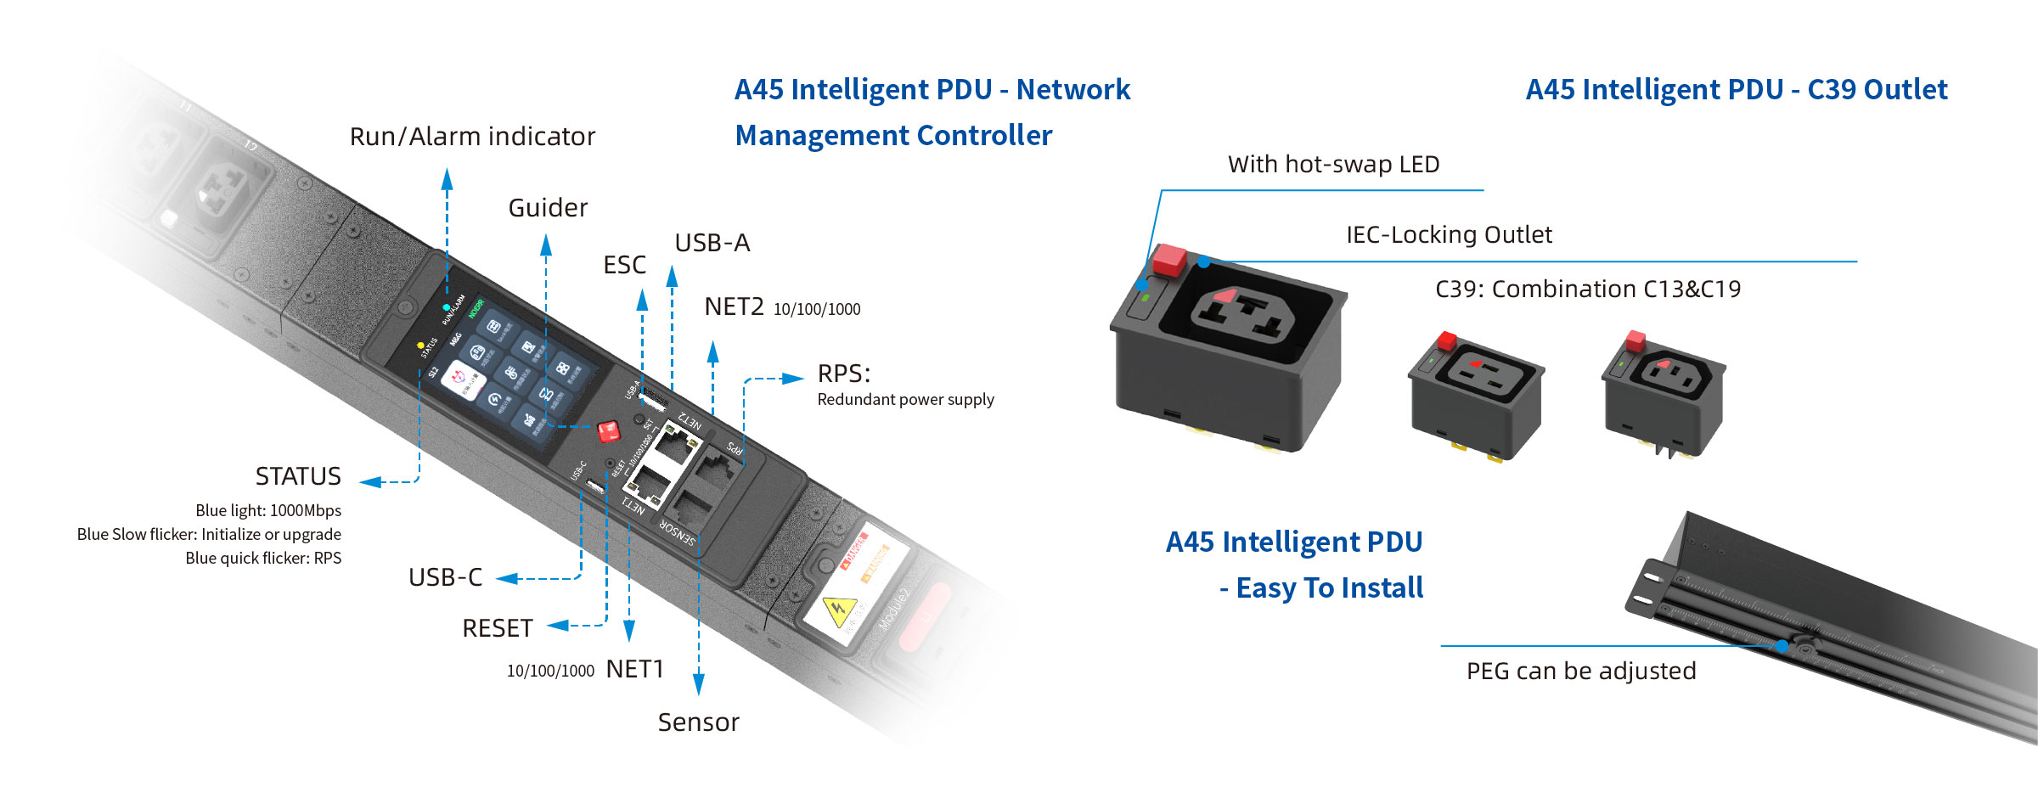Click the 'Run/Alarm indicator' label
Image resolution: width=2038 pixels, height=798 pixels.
[x=472, y=137]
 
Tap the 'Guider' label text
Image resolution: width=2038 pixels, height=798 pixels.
[x=548, y=208]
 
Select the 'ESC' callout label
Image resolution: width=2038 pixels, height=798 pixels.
[x=624, y=265]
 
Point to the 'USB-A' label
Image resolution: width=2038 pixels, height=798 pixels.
[x=712, y=243]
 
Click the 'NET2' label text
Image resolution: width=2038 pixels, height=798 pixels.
[x=734, y=306]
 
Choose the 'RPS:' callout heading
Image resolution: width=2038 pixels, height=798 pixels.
[x=843, y=374]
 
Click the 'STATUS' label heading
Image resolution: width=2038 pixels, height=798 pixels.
[x=298, y=476]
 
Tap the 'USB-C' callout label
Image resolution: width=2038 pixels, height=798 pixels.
[x=445, y=577]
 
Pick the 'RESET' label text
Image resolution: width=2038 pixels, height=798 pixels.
[x=497, y=628]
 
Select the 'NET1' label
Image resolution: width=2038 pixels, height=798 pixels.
[x=634, y=669]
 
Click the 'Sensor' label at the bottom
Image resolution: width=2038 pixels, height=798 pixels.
[x=698, y=722]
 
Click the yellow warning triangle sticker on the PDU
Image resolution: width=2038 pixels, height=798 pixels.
[x=839, y=609]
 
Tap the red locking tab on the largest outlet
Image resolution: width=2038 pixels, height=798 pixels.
[x=1169, y=259]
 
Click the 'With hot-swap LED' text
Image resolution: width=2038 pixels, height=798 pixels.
[x=1333, y=165]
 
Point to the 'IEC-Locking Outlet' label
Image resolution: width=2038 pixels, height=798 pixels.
[x=1449, y=235]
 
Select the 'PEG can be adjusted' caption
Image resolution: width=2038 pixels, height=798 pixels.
[x=1580, y=672]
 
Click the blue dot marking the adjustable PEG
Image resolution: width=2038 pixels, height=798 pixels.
[x=1782, y=646]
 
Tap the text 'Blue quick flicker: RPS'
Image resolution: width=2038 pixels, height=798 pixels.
[x=263, y=559]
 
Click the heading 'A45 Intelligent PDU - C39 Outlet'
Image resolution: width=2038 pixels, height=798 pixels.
[x=1736, y=90]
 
